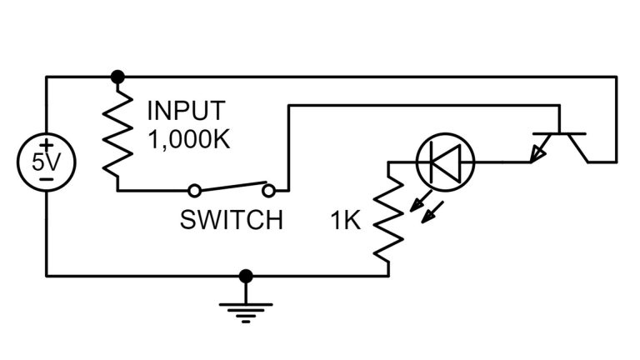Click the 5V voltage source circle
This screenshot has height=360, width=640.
coord(47,162)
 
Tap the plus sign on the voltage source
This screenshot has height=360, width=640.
coord(47,145)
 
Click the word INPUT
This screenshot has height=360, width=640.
coord(185,111)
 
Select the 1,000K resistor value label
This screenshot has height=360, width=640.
coord(188,137)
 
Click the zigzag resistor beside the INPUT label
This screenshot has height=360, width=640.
coord(117,133)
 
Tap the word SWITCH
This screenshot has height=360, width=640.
coord(231,221)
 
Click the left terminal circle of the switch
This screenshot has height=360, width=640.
coord(193,190)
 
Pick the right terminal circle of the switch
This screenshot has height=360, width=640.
coord(268,190)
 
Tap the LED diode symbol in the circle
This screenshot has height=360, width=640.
coord(445,161)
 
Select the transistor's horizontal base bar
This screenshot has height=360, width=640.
coord(561,133)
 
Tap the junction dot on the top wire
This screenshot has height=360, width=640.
coord(117,77)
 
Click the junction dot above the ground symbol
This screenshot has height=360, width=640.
coord(245,275)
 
